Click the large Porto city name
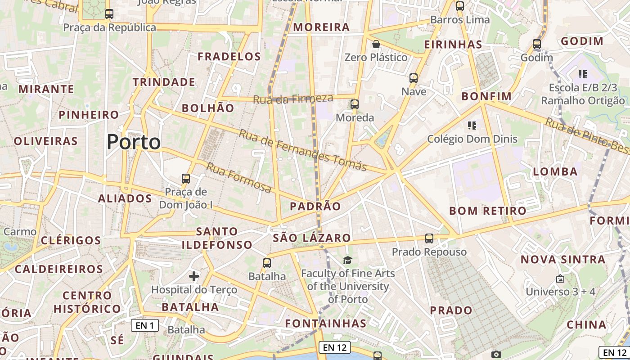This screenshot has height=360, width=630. pyautogui.click(x=134, y=142)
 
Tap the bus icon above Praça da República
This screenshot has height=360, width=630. pyautogui.click(x=109, y=14)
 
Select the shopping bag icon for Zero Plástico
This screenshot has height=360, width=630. pyautogui.click(x=376, y=44)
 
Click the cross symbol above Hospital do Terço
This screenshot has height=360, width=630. pyautogui.click(x=194, y=276)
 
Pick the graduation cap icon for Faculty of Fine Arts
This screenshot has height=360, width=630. pyautogui.click(x=347, y=260)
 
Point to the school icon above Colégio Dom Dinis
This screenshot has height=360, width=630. pyautogui.click(x=472, y=125)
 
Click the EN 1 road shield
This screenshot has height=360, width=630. pyautogui.click(x=145, y=325)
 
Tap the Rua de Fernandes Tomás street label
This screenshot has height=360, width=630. pyautogui.click(x=303, y=150)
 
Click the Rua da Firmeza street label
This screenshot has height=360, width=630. pyautogui.click(x=293, y=99)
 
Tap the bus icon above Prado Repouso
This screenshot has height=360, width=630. pyautogui.click(x=429, y=238)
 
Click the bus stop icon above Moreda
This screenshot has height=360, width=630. pyautogui.click(x=355, y=104)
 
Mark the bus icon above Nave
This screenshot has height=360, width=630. pyautogui.click(x=414, y=78)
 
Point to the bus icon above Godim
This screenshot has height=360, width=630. pyautogui.click(x=536, y=44)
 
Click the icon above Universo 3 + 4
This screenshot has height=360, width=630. pyautogui.click(x=560, y=279)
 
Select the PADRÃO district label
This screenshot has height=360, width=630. pyautogui.click(x=315, y=207)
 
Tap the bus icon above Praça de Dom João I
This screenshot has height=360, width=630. pyautogui.click(x=185, y=179)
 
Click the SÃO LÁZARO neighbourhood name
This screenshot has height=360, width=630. pyautogui.click(x=312, y=238)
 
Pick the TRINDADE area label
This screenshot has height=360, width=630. pyautogui.click(x=164, y=82)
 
